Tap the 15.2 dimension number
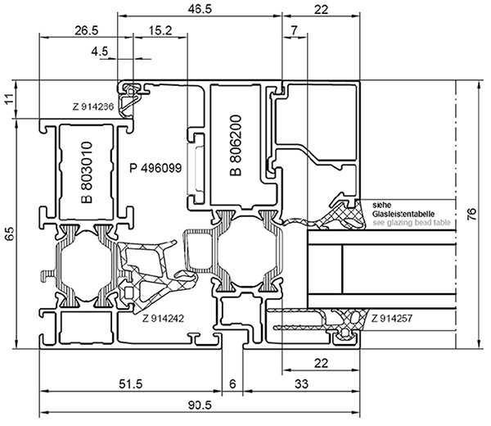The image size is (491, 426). tap(160, 30)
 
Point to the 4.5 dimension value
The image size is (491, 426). tap(100, 51)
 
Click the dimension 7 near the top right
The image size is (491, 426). tap(293, 30)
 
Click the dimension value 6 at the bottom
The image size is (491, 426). tap(232, 383)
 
